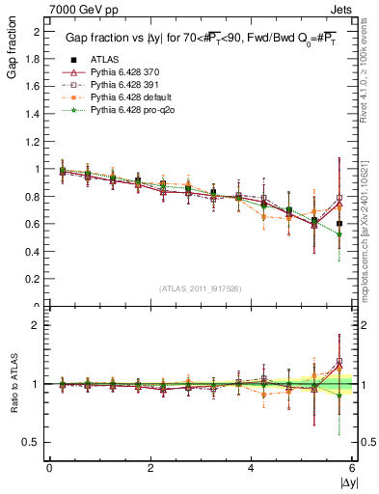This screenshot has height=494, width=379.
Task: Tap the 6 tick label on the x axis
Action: pyautogui.click(x=352, y=467)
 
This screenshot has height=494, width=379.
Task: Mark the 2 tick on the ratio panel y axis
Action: pyautogui.click(x=39, y=325)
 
